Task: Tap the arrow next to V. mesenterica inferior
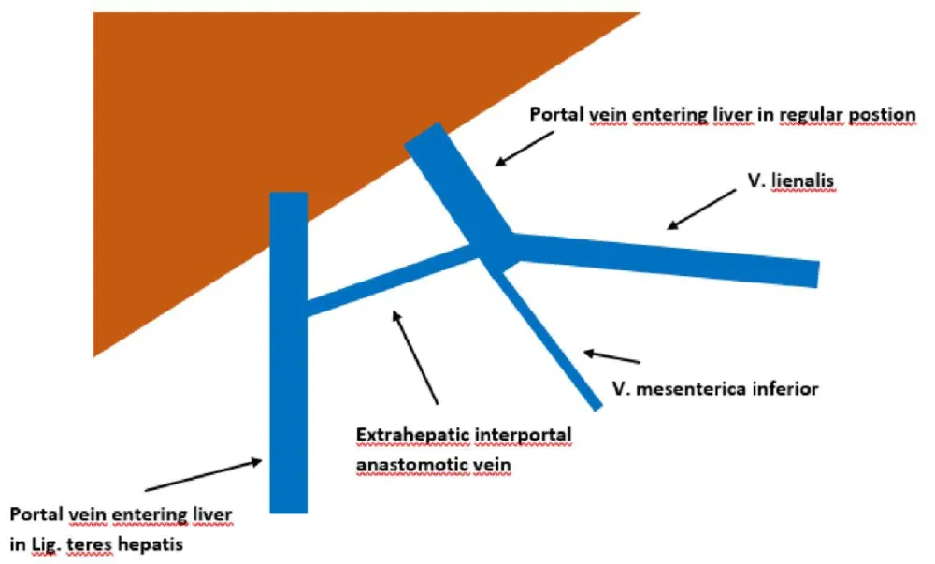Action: point(611,356)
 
